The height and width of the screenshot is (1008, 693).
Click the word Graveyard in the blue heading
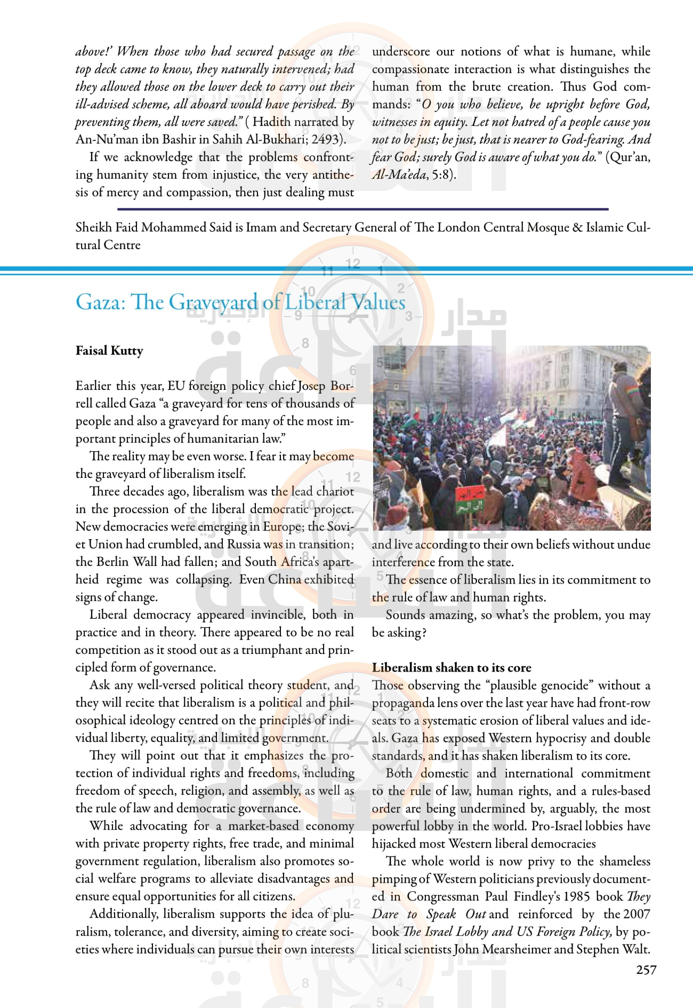point(215,302)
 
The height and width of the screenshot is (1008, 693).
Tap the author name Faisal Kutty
point(109,350)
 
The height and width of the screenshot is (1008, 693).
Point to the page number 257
point(646,970)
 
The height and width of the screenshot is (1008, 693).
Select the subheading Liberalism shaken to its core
point(452,667)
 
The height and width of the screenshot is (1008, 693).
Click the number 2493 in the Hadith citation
point(326,139)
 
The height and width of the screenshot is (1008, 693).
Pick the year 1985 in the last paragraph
point(576,897)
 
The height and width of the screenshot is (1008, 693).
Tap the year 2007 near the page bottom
point(636,914)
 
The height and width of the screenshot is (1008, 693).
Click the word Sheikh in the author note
point(94,227)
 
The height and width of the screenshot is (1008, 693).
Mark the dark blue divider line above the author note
point(362,209)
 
